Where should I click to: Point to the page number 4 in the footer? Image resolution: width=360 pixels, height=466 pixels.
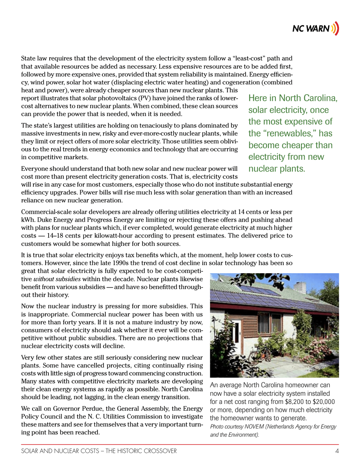click(x=337, y=451)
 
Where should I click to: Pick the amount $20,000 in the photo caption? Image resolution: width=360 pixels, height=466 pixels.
click(x=321, y=402)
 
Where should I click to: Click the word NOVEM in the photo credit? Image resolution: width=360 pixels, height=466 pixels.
click(x=254, y=427)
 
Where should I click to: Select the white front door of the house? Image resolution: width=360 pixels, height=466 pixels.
click(x=237, y=333)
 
